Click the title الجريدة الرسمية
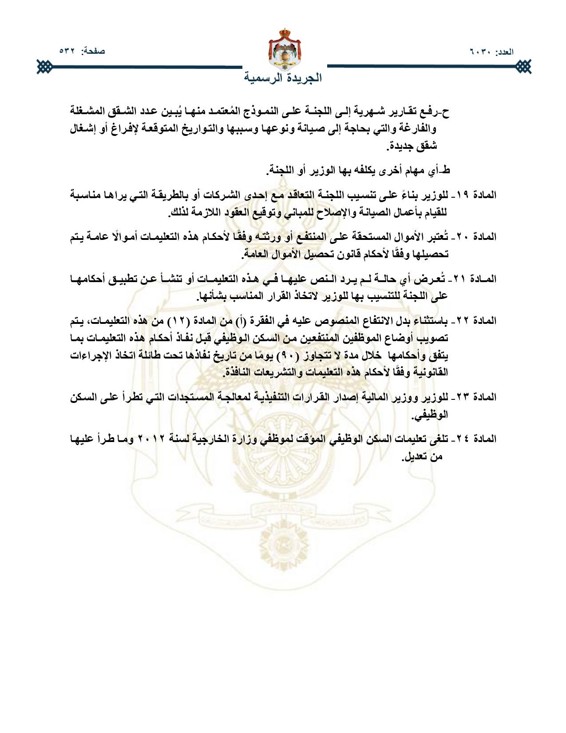[x=283, y=78]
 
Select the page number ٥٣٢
[x=69, y=51]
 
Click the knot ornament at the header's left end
[x=44, y=68]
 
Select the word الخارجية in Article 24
[x=213, y=439]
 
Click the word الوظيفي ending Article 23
[x=430, y=415]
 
